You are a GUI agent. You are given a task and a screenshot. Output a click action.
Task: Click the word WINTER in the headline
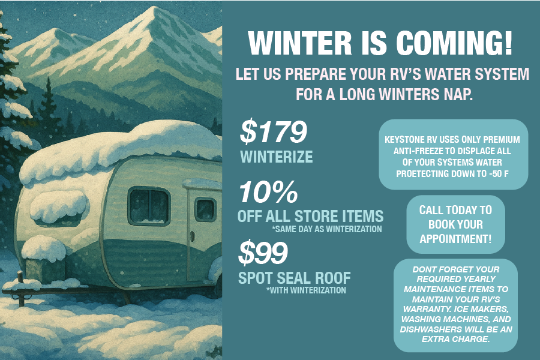299,43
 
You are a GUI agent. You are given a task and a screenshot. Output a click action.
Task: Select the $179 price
273,131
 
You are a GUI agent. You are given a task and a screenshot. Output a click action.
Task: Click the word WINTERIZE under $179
277,157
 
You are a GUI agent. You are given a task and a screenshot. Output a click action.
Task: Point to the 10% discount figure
268,192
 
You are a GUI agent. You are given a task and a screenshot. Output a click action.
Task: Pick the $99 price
263,253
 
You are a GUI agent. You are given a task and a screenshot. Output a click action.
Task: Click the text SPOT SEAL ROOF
295,278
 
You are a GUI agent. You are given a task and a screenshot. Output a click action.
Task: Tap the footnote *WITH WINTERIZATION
306,290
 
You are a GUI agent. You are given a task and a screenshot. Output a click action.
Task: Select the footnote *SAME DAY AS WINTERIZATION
327,229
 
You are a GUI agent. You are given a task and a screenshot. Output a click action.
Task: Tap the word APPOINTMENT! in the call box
455,239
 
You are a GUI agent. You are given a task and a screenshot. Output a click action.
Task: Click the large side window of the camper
149,206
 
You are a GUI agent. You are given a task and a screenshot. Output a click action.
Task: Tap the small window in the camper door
206,209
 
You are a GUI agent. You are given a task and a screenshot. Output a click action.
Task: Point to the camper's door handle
192,236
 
